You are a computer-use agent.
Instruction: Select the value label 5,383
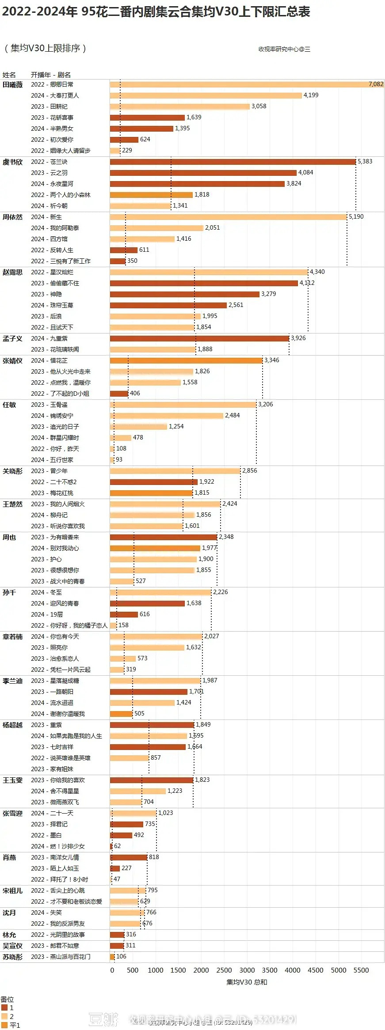[365, 162]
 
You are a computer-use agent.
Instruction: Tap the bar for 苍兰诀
[233, 162]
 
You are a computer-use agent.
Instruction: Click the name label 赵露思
[12, 272]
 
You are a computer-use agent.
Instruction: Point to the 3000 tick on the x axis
[247, 970]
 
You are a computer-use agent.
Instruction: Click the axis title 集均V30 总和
[247, 982]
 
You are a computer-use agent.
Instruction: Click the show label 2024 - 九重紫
[49, 338]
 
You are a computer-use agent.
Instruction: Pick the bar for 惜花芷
[186, 360]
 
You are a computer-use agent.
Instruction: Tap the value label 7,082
[376, 84]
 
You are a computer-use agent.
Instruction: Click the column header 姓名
[9, 75]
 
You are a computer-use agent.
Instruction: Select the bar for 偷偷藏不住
[204, 283]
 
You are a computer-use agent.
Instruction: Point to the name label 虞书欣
[12, 162]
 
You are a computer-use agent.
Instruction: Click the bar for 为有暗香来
[164, 537]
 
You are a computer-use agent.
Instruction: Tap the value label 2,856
[249, 471]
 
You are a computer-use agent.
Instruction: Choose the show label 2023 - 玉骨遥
[49, 405]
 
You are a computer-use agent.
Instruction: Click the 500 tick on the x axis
[133, 970]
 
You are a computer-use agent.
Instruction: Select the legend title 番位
[7, 999]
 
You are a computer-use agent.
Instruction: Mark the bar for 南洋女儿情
[129, 857]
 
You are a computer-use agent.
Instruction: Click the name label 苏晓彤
[12, 957]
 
